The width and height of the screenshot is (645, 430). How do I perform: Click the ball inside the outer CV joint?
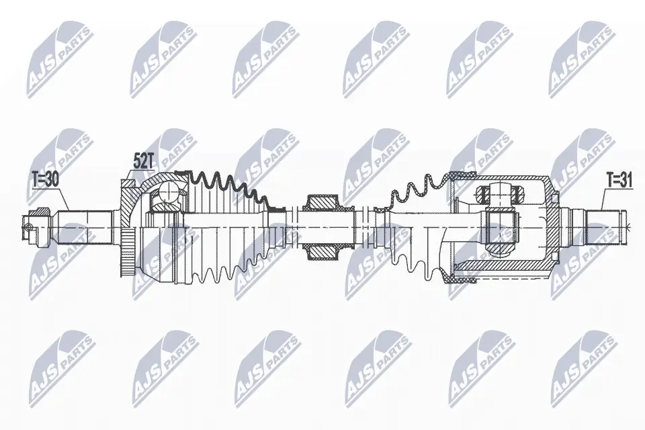[x=167, y=197]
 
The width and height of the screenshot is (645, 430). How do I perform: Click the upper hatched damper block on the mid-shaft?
[x=321, y=202]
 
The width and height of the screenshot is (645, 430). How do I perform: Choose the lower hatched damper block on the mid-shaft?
[x=321, y=251]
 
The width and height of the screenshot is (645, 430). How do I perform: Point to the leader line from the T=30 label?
[x=64, y=198]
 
